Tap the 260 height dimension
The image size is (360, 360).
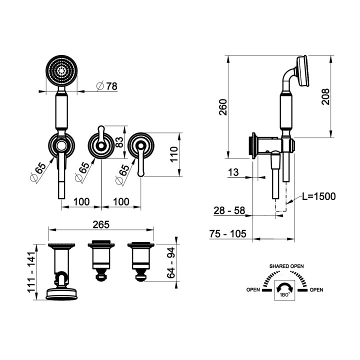tap(223, 106)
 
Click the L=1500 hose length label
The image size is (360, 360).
tap(318, 196)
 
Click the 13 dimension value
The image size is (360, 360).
tap(232, 172)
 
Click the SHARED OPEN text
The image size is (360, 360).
tap(287, 266)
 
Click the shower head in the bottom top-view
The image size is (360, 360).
tap(61, 293)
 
